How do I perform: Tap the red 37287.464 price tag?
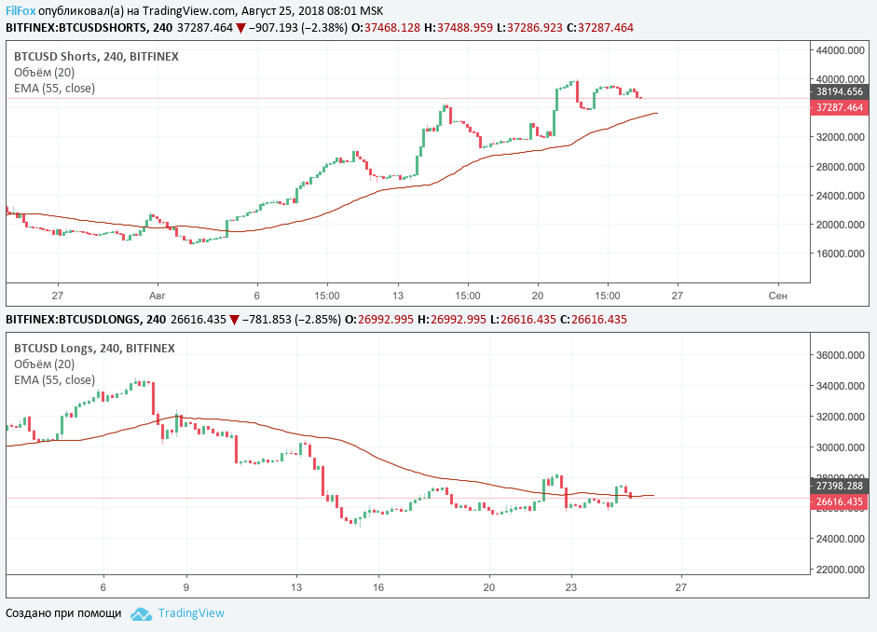[x=839, y=108]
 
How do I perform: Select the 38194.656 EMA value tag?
[x=839, y=92]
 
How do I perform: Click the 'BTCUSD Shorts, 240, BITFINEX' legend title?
[x=96, y=56]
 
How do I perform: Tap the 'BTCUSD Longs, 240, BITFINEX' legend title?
[x=94, y=348]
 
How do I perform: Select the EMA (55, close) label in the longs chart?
[x=54, y=379]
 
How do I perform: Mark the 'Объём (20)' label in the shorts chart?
[x=44, y=72]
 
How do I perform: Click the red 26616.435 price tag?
[x=839, y=501]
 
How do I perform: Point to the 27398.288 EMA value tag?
[x=839, y=486]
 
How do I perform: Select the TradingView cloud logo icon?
[x=141, y=613]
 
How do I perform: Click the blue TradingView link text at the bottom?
[x=191, y=613]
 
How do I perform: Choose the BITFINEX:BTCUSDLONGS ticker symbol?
[x=75, y=320]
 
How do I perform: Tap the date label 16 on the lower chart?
[x=378, y=587]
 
